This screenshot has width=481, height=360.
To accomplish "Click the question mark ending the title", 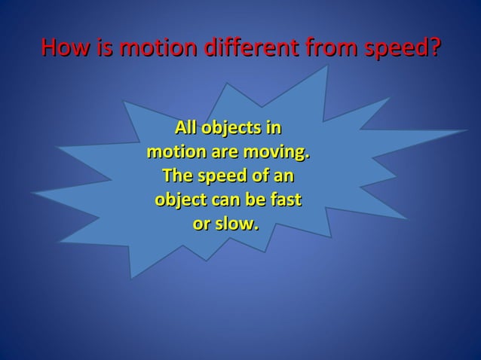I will pyautogui.click(x=432, y=47).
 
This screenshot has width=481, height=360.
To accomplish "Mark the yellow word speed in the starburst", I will pyautogui.click(x=224, y=177).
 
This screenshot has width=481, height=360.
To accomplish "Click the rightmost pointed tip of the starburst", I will pyautogui.click(x=467, y=130).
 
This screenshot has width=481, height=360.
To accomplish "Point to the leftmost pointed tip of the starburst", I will pyautogui.click(x=31, y=193).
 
